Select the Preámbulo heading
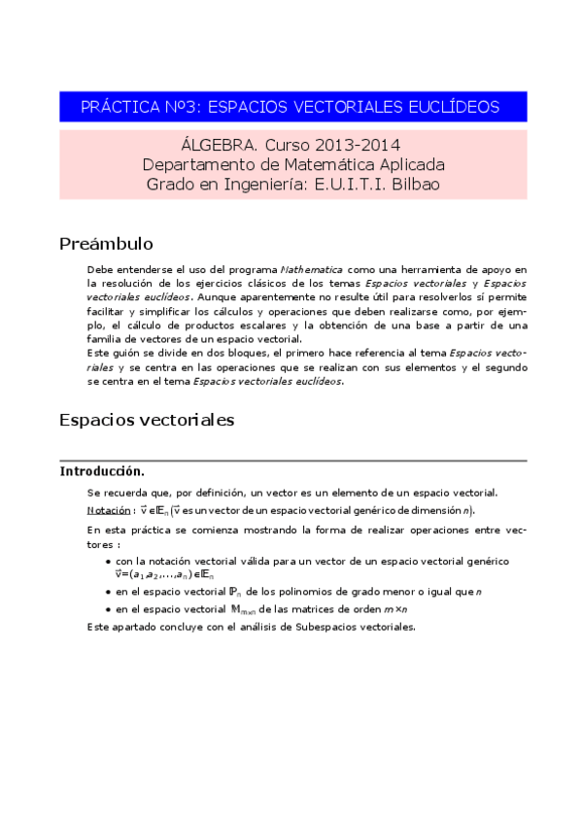106,243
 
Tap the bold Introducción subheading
102,470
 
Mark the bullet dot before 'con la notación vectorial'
107,562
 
